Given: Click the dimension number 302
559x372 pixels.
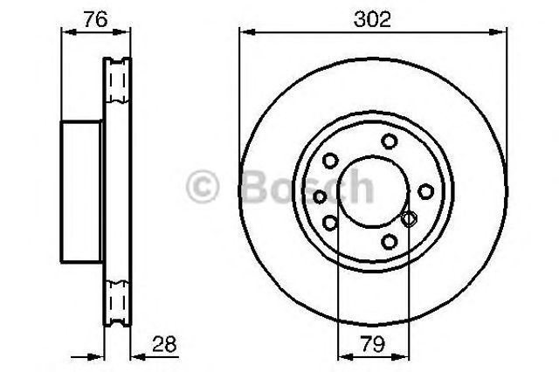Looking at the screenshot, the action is click(372, 19).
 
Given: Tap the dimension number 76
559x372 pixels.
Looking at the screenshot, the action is click(95, 19).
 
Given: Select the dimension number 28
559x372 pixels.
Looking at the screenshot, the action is click(164, 345).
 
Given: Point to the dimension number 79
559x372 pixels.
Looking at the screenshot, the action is click(373, 345).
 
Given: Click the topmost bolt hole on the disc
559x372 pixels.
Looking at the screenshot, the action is click(389, 141).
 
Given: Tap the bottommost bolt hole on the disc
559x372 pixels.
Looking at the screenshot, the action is click(389, 242).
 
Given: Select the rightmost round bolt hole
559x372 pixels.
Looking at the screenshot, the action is click(425, 191).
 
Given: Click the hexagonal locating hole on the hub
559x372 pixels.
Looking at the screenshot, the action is click(409, 218).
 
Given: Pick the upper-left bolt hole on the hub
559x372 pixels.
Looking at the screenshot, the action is click(330, 161).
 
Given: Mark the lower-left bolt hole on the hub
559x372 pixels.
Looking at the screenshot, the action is click(330, 223).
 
